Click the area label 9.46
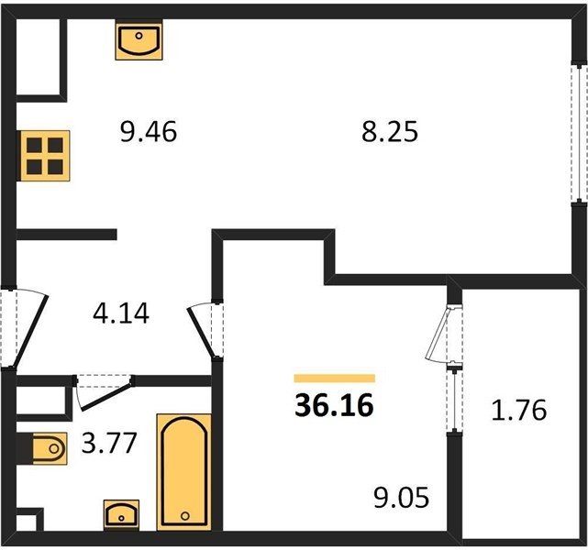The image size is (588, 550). coord(149,132)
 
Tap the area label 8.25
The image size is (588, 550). coord(390,132)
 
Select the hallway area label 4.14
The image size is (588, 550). coord(121,313)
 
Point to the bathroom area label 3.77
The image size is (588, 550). coord(109,443)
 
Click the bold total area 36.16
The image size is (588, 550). coord(334,405)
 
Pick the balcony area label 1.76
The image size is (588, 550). coord(519,410)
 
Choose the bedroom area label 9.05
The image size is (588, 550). coord(401,498)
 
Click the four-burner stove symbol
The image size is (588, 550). coord(45,156)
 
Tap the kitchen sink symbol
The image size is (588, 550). coord(139,41)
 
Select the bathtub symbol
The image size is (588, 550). coord(184,472)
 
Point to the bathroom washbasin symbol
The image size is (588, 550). coord(121,514)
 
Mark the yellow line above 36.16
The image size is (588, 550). coord(335,378)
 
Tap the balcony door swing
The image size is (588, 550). coord(439,334)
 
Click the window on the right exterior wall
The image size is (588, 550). coord(579,134)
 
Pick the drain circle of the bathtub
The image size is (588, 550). coord(185,516)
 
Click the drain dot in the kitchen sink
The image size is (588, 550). coord(139,36)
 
